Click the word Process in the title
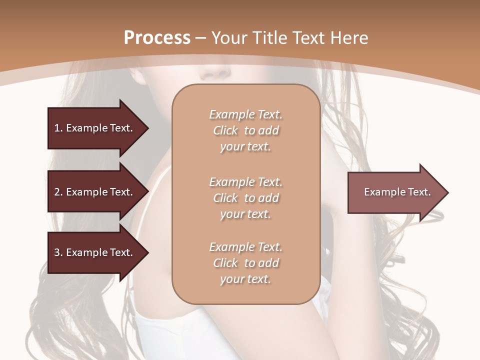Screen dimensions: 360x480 tap(157, 38)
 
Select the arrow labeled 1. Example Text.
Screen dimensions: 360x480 tap(93, 128)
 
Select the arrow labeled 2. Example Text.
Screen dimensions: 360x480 tap(93, 192)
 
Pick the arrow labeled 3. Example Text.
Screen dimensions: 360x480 tap(93, 252)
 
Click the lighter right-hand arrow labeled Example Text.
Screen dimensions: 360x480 tap(395, 192)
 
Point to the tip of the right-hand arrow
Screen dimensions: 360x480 tap(447, 192)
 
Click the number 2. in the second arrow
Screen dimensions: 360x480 tap(58, 192)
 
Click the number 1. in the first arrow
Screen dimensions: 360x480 tap(58, 128)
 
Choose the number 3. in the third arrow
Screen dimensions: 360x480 tap(58, 252)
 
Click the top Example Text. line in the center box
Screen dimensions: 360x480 tap(245, 114)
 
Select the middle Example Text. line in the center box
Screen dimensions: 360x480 tap(245, 182)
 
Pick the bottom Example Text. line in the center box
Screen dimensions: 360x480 tap(245, 247)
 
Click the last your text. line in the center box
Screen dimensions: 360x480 tap(245, 279)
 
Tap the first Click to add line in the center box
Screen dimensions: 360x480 tap(245, 130)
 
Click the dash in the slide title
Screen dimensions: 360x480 tap(201, 38)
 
